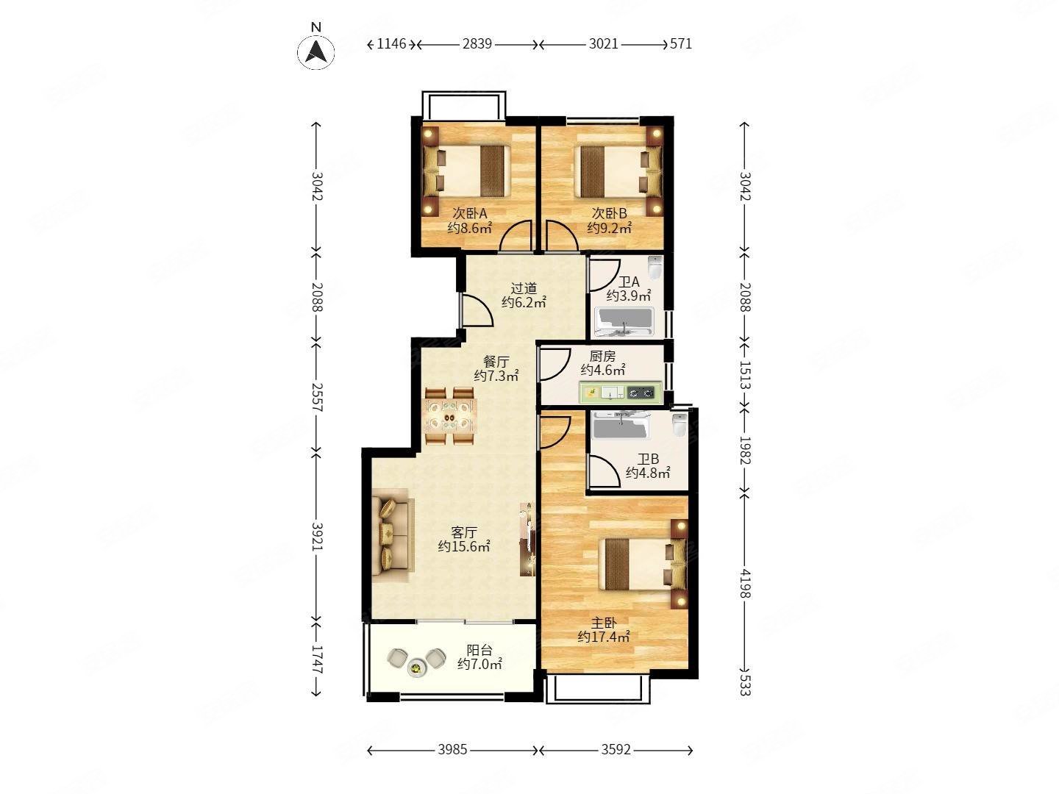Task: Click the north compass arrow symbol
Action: point(316,51)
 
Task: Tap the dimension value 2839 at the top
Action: point(477,44)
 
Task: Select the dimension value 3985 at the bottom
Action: point(452,750)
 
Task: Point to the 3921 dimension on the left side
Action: point(317,536)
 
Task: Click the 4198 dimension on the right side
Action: point(745,583)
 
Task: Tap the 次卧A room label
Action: point(469,213)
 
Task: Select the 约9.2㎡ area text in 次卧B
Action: point(609,228)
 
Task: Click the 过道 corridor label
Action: point(524,288)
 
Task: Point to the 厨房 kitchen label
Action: point(602,357)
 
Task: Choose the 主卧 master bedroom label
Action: point(604,623)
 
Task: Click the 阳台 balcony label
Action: point(479,650)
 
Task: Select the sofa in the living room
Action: point(393,535)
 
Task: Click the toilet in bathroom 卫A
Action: point(655,268)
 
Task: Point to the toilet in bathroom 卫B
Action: point(680,425)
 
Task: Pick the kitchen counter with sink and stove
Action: point(620,393)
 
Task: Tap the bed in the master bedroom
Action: point(643,564)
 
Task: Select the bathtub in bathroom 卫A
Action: point(624,322)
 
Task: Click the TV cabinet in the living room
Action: point(527,538)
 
